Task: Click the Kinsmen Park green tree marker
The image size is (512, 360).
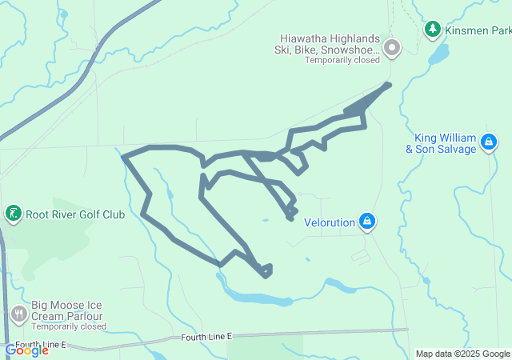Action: [433, 30]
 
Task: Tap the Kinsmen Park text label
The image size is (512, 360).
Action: [478, 31]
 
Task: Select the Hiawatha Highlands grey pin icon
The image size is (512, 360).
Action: [392, 49]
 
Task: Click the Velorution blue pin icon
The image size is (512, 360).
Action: [366, 221]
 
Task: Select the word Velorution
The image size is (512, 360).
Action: [330, 222]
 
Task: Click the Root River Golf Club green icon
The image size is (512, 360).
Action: [13, 214]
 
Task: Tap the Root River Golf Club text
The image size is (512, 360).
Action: [75, 214]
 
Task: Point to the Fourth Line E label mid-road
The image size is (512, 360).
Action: [206, 338]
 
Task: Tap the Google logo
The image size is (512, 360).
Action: [26, 350]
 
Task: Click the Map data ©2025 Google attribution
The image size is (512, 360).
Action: [462, 354]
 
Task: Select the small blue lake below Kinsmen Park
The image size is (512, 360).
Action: [438, 54]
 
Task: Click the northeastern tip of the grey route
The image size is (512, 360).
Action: [390, 83]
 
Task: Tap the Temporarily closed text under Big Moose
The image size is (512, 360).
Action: [69, 326]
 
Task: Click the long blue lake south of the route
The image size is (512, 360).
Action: [256, 298]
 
